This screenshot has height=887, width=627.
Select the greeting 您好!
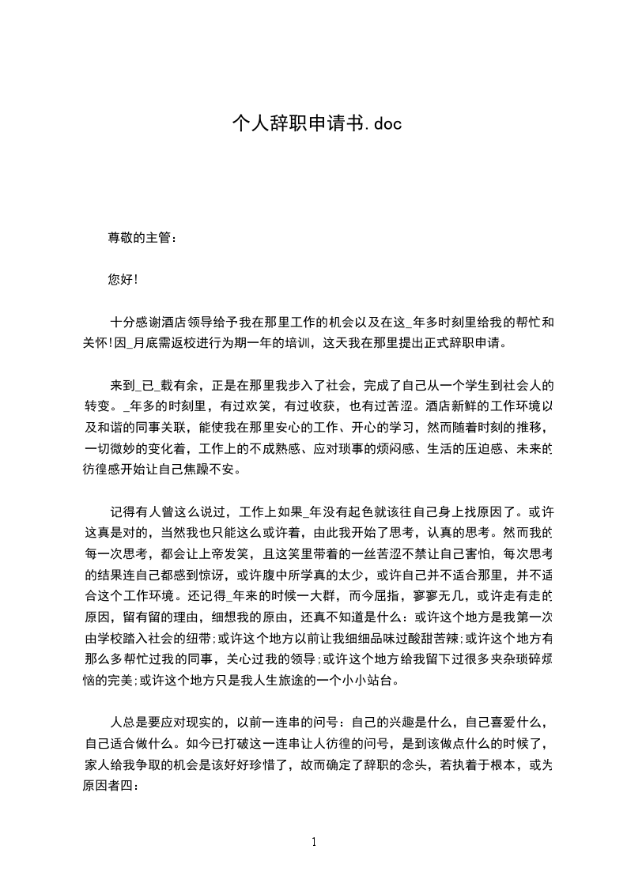pyautogui.click(x=123, y=280)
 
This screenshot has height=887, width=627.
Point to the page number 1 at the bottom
pyautogui.click(x=314, y=841)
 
